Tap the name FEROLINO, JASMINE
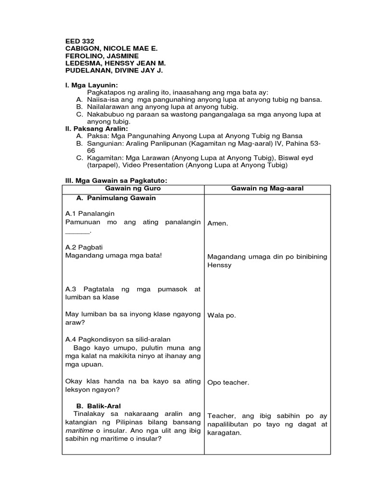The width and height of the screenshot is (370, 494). pyautogui.click(x=102, y=56)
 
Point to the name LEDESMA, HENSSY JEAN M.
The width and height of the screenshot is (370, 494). pyautogui.click(x=115, y=64)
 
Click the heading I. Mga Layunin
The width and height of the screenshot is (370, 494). pyautogui.click(x=91, y=85)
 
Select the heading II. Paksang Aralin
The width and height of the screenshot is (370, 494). pyautogui.click(x=96, y=129)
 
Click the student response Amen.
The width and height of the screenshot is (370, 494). pyautogui.click(x=217, y=224)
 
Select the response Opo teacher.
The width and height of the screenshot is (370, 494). pyautogui.click(x=228, y=383)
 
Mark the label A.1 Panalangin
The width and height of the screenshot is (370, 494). pyautogui.click(x=90, y=213)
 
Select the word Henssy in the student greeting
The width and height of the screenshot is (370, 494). pyautogui.click(x=220, y=265)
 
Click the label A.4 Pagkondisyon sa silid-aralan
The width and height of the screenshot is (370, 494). pyautogui.click(x=118, y=338)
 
